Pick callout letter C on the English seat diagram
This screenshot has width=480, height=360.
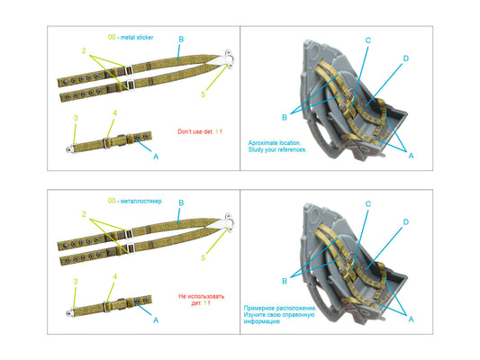pyautogui.click(x=367, y=40)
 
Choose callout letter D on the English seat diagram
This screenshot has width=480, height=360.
pyautogui.click(x=406, y=58)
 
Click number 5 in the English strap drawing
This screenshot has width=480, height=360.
pyautogui.click(x=204, y=94)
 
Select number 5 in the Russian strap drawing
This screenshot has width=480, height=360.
pyautogui.click(x=204, y=258)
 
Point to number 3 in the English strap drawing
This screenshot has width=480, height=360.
pyautogui.click(x=76, y=118)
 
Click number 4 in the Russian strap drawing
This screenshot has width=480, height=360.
pyautogui.click(x=114, y=277)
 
